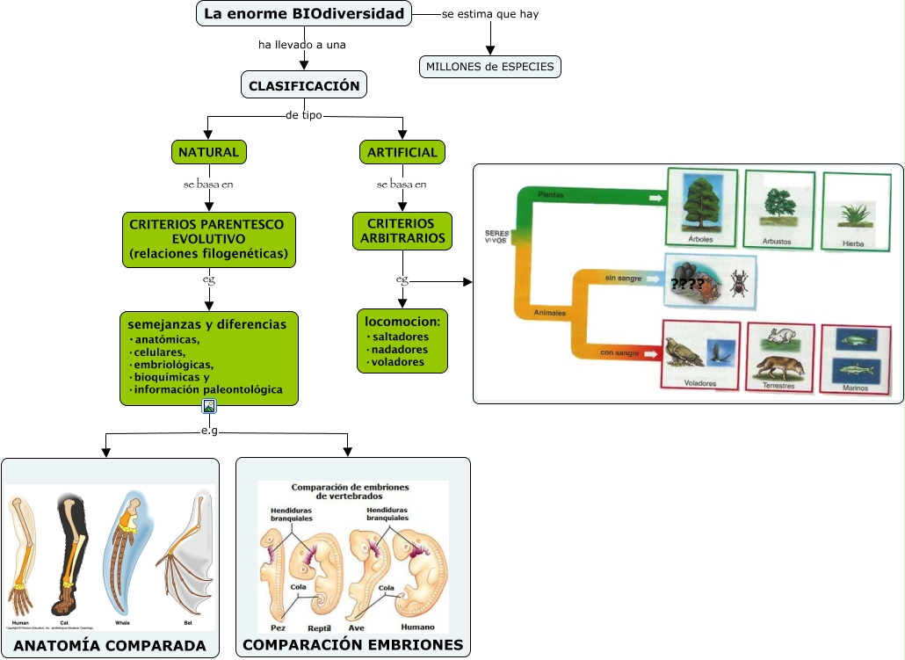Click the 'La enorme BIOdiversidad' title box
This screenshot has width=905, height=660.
(304, 14)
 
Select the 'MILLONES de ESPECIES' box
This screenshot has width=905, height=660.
(490, 67)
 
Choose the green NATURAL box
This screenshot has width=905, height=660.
(208, 152)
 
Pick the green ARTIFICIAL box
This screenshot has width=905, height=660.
(402, 152)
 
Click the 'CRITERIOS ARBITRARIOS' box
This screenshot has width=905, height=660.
(402, 231)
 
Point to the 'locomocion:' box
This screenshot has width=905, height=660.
(402, 341)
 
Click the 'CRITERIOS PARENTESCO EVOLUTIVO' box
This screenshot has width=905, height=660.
(208, 240)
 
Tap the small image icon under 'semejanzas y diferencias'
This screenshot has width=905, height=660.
(209, 406)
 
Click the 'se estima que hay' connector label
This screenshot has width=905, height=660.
(490, 15)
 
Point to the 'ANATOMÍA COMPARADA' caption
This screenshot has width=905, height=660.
(111, 646)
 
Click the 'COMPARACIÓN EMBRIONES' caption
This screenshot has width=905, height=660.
(353, 645)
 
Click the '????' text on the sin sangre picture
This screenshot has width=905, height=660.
(686, 284)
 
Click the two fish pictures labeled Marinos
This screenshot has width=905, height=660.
(855, 354)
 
